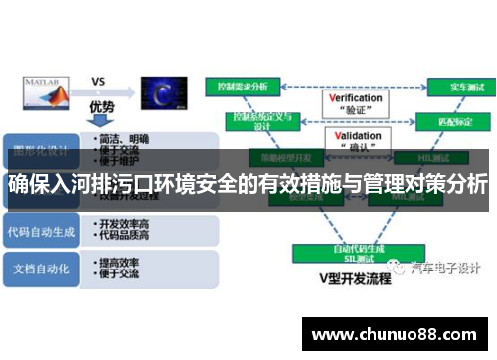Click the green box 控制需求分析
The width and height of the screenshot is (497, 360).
(x=244, y=87)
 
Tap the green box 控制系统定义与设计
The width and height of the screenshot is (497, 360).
(x=261, y=120)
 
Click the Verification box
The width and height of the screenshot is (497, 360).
(x=355, y=104)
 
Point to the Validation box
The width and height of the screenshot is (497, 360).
(x=355, y=141)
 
